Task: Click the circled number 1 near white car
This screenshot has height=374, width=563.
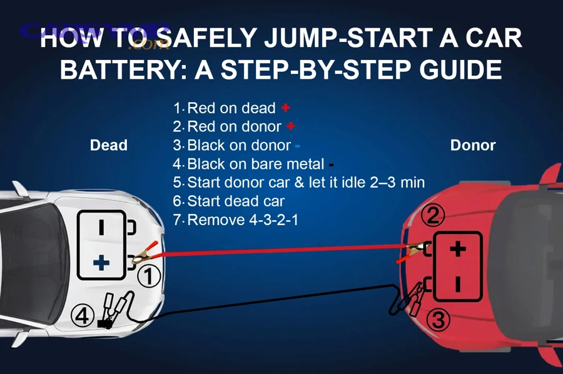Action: [x=149, y=276]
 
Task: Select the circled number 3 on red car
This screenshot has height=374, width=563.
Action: [x=438, y=321]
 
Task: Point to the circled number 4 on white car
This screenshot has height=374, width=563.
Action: [x=83, y=315]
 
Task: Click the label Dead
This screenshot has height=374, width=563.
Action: [x=109, y=145]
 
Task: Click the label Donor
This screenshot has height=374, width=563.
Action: [x=473, y=145]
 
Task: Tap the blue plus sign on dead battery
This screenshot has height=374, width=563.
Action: [x=101, y=263]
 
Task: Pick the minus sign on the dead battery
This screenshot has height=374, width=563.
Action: [x=101, y=228]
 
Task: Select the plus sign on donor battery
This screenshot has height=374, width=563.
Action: [x=458, y=249]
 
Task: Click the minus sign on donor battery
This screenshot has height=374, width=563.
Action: [x=458, y=285]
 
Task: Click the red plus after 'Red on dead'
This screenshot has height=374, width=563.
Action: [x=286, y=108]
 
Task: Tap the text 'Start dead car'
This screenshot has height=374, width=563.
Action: [x=235, y=201]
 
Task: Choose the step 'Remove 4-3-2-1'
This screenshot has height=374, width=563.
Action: [x=241, y=220]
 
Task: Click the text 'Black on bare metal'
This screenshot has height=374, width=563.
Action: [x=255, y=164]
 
